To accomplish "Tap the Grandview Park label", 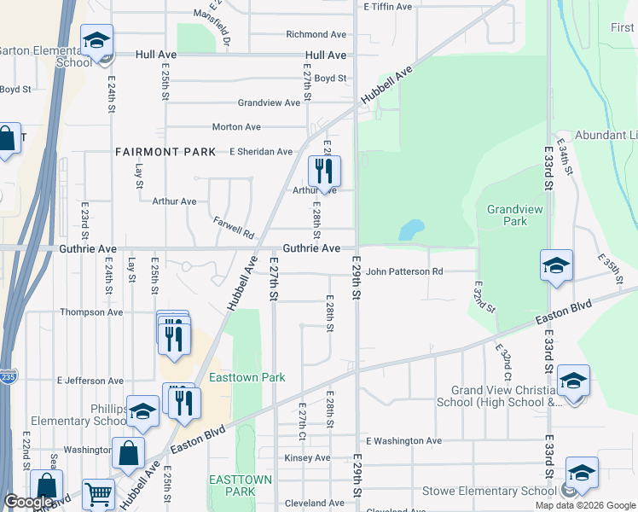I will coord(507,215).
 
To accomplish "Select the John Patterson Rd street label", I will coord(404,271).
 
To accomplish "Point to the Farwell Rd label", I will coord(235,227).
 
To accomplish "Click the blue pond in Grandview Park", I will coord(410,230).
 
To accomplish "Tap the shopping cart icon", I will coord(99,494).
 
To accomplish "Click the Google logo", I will coord(29,502).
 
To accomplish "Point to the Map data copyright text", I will coord(584,505).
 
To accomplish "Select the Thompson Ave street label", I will coord(91,312).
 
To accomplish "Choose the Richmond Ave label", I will coord(316,35).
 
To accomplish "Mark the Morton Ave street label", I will coord(236,127).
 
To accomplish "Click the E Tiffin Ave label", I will coord(388,6).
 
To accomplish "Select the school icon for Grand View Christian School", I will coord(573,381).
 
